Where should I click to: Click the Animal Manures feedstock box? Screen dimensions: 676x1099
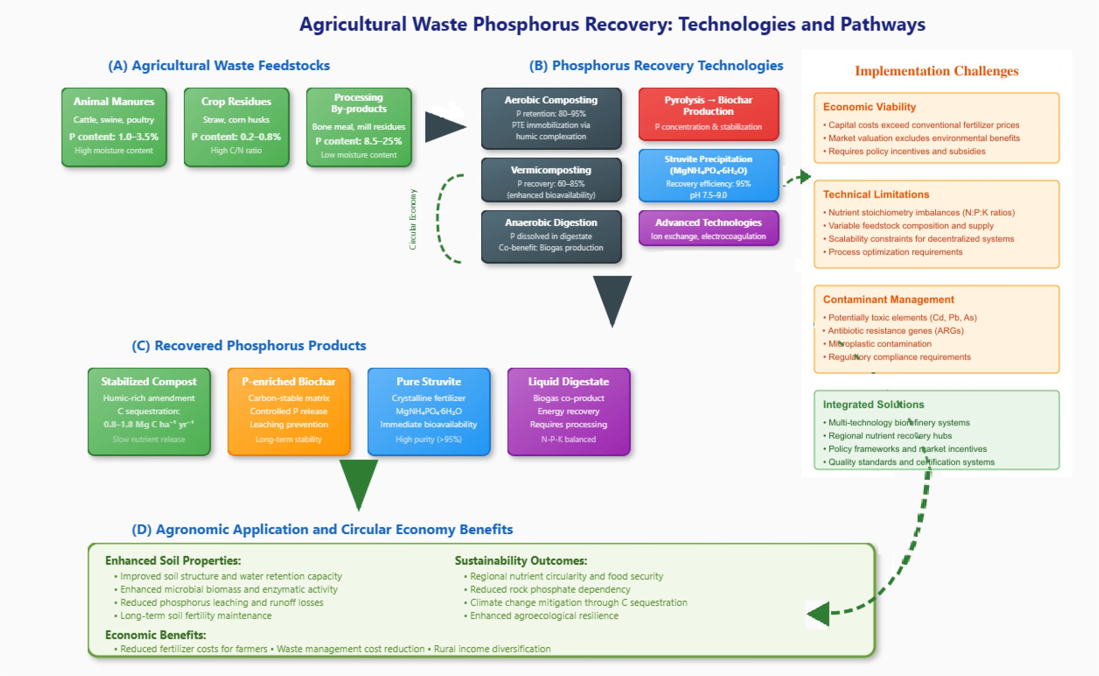[x=114, y=127]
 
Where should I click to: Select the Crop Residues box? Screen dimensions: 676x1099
[x=236, y=127]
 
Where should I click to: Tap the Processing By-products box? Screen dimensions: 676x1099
[x=359, y=127]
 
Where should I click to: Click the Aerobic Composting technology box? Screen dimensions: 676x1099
[x=551, y=118]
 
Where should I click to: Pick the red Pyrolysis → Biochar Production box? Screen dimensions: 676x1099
[x=708, y=113]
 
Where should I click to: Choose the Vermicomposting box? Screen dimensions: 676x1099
[x=551, y=180]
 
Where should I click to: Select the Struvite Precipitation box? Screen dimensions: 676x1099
[x=708, y=175]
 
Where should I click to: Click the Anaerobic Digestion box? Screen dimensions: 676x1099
[x=551, y=236]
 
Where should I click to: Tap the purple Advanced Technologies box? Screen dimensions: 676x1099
[x=708, y=228]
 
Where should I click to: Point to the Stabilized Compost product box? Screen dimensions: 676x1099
[x=149, y=411]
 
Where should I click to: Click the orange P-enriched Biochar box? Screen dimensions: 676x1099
[x=289, y=411]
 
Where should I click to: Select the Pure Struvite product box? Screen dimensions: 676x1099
[x=429, y=411]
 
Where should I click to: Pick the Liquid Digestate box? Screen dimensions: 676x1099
[x=569, y=411]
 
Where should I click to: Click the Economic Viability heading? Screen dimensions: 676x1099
[x=869, y=107]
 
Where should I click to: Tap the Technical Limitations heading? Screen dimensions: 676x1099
[x=876, y=194]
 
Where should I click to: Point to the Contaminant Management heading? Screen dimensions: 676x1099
[x=888, y=299]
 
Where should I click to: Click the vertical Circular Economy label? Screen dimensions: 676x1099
[x=413, y=219]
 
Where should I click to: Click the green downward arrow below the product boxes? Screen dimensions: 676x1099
[x=358, y=483]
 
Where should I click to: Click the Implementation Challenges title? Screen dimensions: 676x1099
[x=936, y=71]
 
